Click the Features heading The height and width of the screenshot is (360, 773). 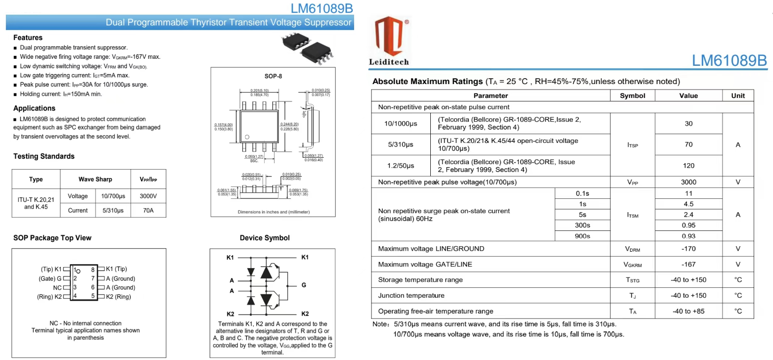28,38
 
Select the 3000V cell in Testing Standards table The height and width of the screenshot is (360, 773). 148,196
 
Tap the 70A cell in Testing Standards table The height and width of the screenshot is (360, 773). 148,210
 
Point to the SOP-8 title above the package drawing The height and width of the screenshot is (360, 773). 273,76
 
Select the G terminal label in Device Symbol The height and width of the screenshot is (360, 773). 304,285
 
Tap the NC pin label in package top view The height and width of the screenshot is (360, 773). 57,287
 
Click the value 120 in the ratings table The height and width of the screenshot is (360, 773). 688,166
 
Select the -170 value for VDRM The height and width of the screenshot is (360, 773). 688,249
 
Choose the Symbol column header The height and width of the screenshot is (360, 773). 633,96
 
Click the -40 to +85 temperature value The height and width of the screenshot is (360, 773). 688,312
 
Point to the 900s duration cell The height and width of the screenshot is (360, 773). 583,236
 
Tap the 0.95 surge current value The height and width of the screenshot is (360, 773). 688,225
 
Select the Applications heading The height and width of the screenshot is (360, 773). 34,108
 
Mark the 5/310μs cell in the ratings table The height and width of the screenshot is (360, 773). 401,145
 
